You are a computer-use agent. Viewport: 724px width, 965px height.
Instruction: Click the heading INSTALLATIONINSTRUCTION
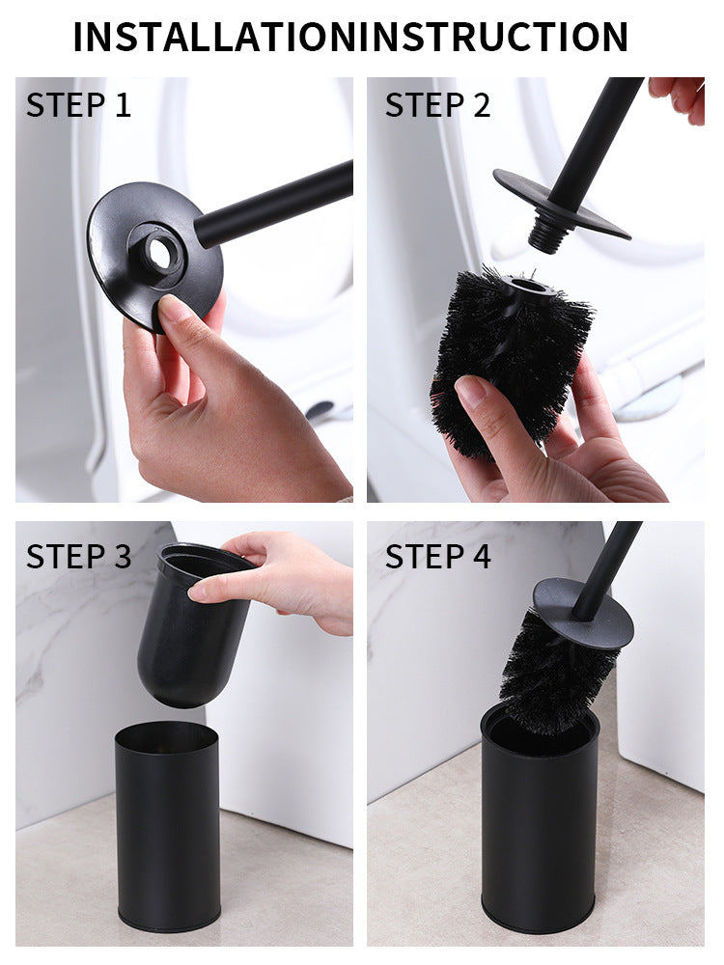[x=350, y=37]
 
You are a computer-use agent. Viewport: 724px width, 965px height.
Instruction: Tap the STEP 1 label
[x=78, y=105]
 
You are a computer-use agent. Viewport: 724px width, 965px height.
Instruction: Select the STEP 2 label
[x=438, y=105]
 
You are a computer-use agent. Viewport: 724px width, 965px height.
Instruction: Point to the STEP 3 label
[x=78, y=556]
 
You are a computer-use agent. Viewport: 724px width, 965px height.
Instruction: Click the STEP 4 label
[x=438, y=556]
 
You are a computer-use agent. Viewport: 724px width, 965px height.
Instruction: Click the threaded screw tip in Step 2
[x=547, y=235]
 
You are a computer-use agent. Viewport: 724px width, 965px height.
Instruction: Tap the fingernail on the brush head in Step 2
[x=471, y=390]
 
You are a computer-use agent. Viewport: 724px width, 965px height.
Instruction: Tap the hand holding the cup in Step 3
[x=280, y=579]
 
